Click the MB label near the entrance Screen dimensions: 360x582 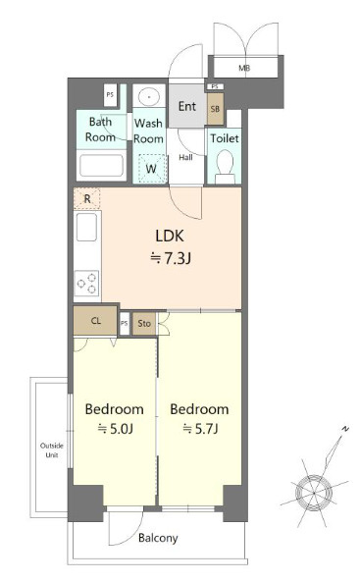244,68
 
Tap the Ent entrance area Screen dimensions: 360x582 186,107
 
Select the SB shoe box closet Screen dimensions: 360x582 215,109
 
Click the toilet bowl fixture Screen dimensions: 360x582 225,167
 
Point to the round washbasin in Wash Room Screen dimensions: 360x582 149,96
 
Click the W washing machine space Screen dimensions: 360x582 151,169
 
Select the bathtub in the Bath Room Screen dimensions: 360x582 101,166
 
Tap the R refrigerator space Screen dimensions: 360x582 87,198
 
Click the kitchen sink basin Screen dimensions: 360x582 87,227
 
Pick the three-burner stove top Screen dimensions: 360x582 87,284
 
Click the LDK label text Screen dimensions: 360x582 170,237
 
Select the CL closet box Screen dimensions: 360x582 95,321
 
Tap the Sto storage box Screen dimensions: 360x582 144,324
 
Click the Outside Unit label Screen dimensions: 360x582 52,450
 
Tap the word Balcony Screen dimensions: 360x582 158,538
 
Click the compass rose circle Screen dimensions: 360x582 314,493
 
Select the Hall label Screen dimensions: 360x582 185,157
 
